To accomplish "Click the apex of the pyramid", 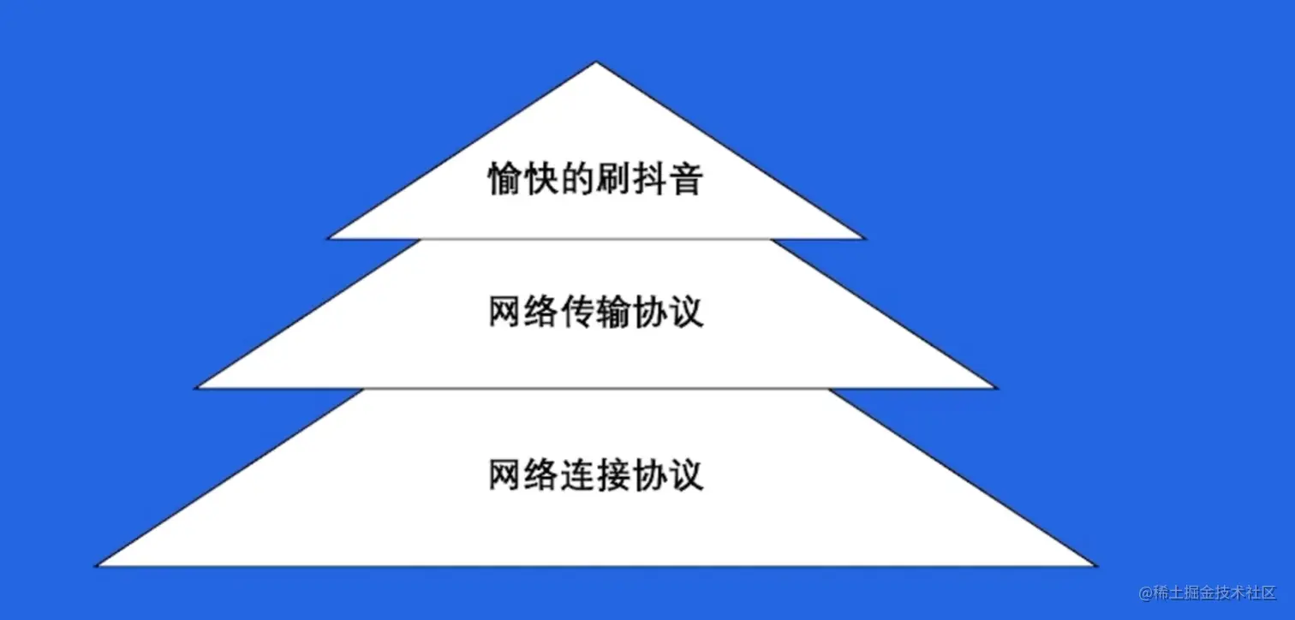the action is pos(596,63).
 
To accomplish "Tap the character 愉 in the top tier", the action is pos(505,179).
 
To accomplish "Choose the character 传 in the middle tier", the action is pos(577,313).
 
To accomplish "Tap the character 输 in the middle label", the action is pos(612,313).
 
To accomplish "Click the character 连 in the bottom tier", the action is pos(577,474).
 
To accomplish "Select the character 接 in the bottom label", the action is pos(612,474).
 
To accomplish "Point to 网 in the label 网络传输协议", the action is pos(505,313).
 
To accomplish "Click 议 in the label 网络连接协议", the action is pos(686,474).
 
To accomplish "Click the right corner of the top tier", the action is pos(863,237).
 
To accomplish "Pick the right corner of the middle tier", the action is pos(995,387).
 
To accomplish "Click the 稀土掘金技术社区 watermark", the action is pos(1207,593).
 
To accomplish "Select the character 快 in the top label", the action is pos(540,179).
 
